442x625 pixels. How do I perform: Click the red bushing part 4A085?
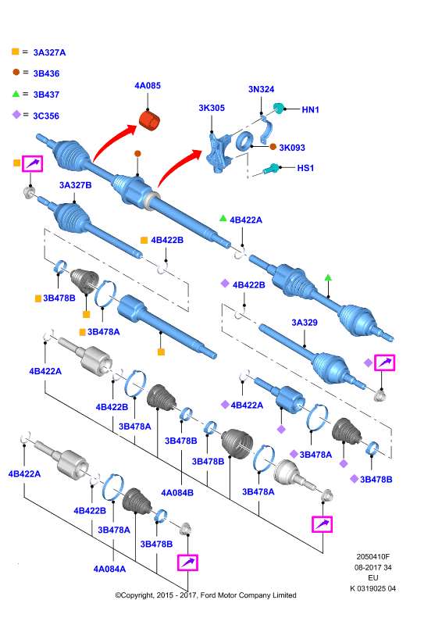click(x=149, y=121)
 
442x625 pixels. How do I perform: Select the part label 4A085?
click(x=148, y=86)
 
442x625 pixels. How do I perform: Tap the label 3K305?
click(x=212, y=108)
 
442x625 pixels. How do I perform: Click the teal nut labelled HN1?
click(x=279, y=108)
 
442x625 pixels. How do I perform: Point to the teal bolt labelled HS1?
click(x=271, y=169)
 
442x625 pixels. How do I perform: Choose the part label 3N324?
click(x=261, y=89)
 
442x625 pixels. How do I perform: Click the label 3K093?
click(x=292, y=148)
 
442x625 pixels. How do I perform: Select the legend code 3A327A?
click(x=49, y=52)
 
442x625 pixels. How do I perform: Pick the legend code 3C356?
click(x=46, y=116)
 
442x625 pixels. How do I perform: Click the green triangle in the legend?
click(x=16, y=94)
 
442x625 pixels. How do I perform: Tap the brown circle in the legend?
click(x=16, y=72)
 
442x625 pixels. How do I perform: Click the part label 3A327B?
click(x=75, y=185)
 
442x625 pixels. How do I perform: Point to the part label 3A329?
click(x=305, y=323)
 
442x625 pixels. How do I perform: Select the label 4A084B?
click(x=177, y=493)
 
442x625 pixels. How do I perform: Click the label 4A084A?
click(x=109, y=570)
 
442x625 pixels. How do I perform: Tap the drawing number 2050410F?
click(x=373, y=557)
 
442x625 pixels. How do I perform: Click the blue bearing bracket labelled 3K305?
click(x=218, y=152)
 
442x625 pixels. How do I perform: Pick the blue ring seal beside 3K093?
click(x=244, y=141)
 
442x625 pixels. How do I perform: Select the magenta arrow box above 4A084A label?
click(x=187, y=562)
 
